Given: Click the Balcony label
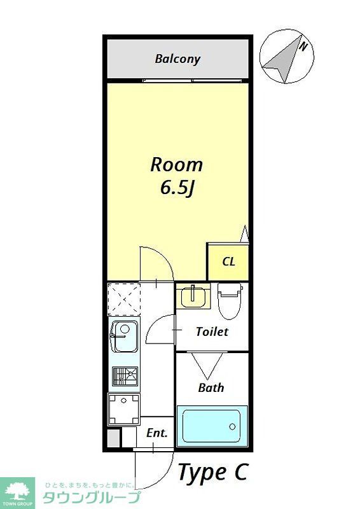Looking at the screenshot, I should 177,59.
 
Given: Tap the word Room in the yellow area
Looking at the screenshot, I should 176,165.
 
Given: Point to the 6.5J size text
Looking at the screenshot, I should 176,188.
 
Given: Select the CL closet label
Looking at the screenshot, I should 228,261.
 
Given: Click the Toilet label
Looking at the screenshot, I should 212,331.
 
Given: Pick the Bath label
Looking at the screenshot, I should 211,387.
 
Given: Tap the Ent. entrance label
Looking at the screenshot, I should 157,433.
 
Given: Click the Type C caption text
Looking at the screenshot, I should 212,472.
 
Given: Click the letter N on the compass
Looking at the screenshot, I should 304,46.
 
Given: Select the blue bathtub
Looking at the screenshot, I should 212,425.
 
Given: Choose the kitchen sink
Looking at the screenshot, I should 123,337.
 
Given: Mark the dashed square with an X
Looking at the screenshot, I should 123,298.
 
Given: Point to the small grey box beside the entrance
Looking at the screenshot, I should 113,438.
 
